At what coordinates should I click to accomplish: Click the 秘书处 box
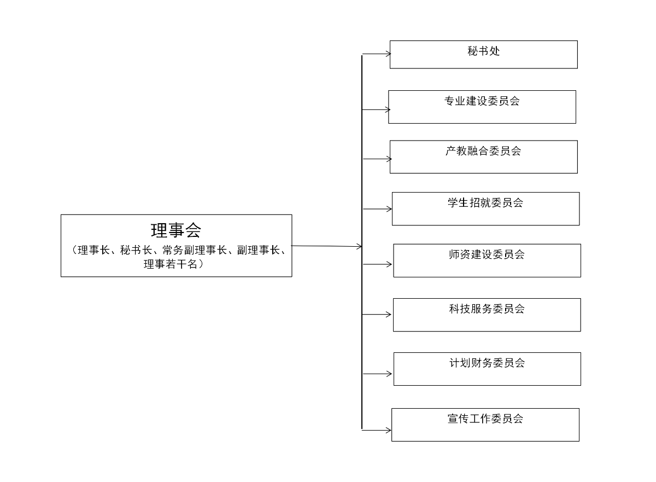(483, 54)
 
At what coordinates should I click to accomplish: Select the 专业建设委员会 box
(482, 107)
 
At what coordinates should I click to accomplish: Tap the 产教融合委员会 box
(483, 156)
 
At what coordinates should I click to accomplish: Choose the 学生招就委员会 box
(485, 208)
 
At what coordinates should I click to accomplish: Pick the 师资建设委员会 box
(487, 260)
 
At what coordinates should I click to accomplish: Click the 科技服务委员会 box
(487, 315)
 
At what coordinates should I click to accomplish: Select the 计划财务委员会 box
(487, 369)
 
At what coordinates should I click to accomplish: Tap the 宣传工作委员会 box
(485, 425)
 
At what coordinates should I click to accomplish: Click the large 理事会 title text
(176, 230)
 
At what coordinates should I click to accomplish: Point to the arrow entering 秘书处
(377, 54)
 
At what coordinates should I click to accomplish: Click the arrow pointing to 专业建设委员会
(376, 109)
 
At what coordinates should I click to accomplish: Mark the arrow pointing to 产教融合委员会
(377, 159)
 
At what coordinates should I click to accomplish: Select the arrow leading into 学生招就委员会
(378, 208)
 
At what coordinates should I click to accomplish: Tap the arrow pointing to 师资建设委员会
(378, 264)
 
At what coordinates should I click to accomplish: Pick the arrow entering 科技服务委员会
(377, 314)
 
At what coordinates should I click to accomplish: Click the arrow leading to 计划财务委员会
(378, 374)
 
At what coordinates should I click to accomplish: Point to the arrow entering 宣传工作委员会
(377, 430)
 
